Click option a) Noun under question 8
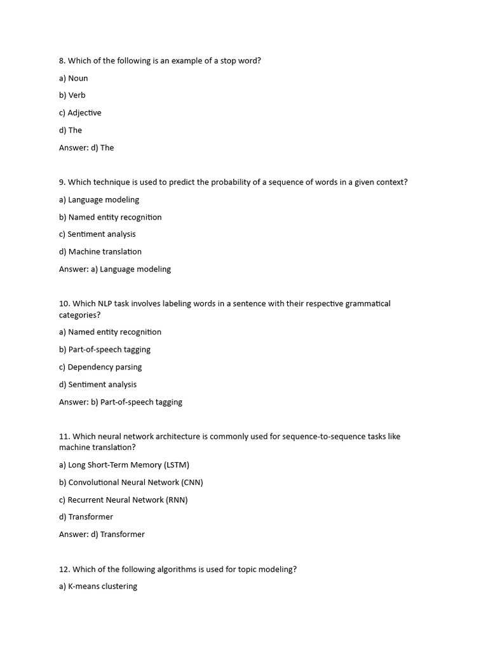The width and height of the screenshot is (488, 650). [73, 78]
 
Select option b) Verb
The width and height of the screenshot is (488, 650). [72, 95]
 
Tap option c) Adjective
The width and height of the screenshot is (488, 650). [80, 113]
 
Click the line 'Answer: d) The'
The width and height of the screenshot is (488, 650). [86, 148]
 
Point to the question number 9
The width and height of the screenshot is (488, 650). [62, 182]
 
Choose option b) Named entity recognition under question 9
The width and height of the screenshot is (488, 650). [110, 217]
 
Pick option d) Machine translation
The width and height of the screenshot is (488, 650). [100, 252]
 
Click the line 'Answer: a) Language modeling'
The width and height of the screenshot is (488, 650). [115, 269]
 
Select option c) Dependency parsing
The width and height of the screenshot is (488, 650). [100, 368]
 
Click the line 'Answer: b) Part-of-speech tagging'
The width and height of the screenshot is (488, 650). [121, 402]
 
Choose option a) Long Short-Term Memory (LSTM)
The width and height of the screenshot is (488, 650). [124, 465]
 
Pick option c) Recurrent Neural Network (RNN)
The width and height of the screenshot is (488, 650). [123, 500]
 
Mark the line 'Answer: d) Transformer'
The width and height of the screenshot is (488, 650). [102, 534]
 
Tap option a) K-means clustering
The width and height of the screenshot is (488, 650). [98, 587]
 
